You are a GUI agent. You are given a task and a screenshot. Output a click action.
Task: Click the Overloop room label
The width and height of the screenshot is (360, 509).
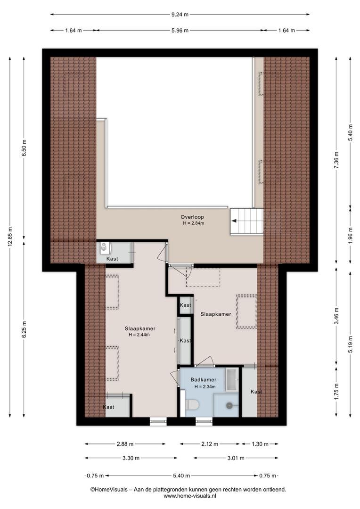pyautogui.click(x=192, y=217)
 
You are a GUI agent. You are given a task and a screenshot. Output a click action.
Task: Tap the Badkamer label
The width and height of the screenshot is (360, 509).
pyautogui.click(x=203, y=379)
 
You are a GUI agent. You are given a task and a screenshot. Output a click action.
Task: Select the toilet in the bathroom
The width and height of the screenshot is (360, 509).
pyautogui.click(x=191, y=404)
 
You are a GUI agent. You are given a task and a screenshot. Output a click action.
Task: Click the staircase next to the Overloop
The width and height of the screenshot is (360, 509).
pyautogui.click(x=246, y=221)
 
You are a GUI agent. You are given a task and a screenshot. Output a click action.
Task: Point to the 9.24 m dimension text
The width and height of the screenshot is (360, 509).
pyautogui.click(x=180, y=14)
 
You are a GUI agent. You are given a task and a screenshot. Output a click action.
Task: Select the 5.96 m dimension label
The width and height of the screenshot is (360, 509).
pyautogui.click(x=180, y=31)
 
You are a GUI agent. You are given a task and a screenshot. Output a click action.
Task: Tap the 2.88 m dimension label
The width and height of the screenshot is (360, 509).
pyautogui.click(x=125, y=444)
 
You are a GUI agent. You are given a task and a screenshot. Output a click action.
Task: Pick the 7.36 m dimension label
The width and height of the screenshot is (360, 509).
pyautogui.click(x=336, y=160)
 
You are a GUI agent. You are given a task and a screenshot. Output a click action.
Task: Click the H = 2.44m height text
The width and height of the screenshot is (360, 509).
pyautogui.click(x=139, y=335)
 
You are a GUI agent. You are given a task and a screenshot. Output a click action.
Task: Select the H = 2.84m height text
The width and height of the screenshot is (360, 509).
pyautogui.click(x=194, y=223)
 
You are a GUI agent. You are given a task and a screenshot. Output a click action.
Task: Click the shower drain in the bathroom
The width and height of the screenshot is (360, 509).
pyautogui.click(x=229, y=405)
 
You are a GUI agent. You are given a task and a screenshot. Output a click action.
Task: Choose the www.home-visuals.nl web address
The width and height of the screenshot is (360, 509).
pyautogui.click(x=190, y=496)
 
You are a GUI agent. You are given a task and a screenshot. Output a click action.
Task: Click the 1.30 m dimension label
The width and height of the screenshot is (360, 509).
pyautogui.click(x=260, y=444)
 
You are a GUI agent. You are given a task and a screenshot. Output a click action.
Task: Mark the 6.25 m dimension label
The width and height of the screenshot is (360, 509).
pyautogui.click(x=24, y=329)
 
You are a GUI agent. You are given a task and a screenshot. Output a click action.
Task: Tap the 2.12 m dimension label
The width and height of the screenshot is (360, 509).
pyautogui.click(x=210, y=444)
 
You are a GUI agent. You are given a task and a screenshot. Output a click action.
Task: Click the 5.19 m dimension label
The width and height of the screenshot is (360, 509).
pyautogui.click(x=350, y=344)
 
